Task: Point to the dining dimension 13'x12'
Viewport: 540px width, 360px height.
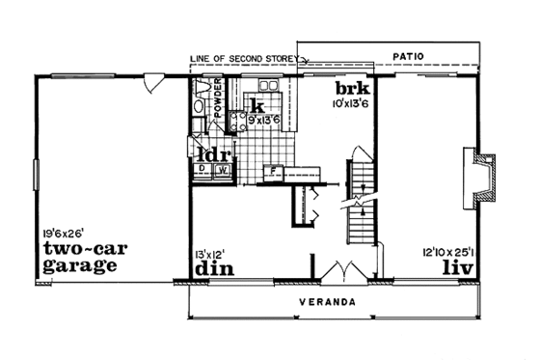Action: coord(209,254)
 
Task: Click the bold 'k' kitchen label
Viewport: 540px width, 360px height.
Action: coord(257,104)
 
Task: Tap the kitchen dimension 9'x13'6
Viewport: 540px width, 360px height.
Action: coord(262,120)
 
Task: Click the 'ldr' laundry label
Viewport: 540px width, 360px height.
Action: coord(211,152)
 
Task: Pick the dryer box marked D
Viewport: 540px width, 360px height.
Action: coord(202,170)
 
